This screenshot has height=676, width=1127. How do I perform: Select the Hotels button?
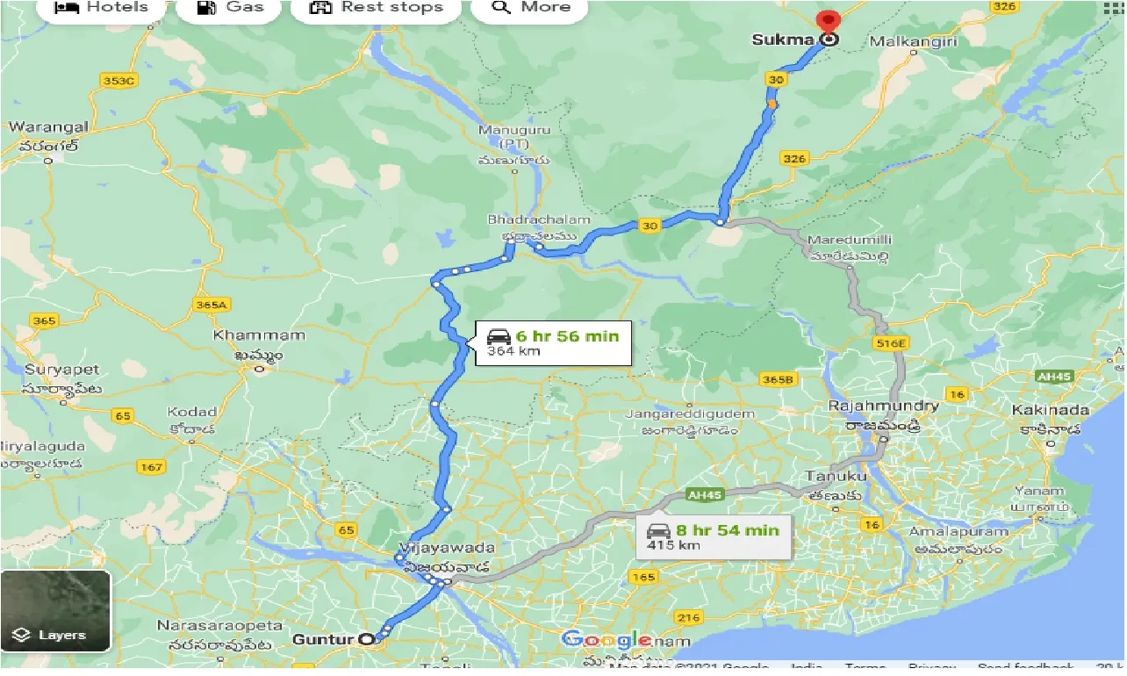(x=102, y=8)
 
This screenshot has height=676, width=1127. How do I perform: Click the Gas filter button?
(x=231, y=8)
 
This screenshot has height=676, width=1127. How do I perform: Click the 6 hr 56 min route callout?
(x=553, y=342)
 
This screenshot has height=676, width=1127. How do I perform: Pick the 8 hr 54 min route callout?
(x=712, y=536)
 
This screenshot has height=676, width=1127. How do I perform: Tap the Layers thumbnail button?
(x=56, y=611)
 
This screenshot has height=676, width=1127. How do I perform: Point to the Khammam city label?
(x=259, y=335)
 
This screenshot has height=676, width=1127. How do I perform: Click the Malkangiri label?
(x=912, y=41)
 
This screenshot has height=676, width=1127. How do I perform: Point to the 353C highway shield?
(x=119, y=81)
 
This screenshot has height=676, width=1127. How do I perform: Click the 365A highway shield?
(x=212, y=305)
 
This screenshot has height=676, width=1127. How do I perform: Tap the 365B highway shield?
(x=778, y=379)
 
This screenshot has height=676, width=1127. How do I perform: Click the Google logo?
(x=607, y=640)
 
